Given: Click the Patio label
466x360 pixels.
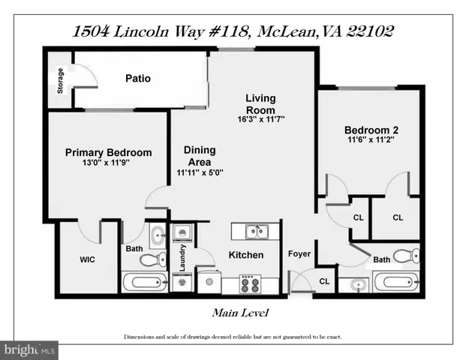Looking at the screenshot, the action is click(x=138, y=79).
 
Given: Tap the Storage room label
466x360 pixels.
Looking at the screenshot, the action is click(x=60, y=81).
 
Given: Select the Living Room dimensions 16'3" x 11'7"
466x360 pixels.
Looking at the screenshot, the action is click(x=261, y=119).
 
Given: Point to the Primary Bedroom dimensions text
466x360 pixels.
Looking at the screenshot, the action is click(x=106, y=163).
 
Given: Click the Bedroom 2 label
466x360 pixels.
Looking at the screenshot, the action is click(x=371, y=130).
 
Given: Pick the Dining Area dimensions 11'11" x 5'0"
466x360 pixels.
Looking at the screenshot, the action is click(x=200, y=172).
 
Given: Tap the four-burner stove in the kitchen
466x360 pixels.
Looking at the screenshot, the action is click(x=250, y=284).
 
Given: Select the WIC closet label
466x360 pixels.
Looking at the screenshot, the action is click(x=87, y=259).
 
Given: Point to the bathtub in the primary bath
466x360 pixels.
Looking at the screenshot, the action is click(x=145, y=282).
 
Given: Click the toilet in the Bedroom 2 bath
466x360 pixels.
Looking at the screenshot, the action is click(x=406, y=256).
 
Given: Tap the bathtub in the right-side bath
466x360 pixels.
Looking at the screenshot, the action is click(x=397, y=281).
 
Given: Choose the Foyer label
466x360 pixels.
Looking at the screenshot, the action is click(x=299, y=254).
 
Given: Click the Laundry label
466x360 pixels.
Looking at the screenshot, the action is click(x=182, y=258).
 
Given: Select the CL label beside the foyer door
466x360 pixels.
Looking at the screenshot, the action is click(x=324, y=281).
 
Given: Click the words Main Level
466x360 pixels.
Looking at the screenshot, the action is click(x=240, y=313).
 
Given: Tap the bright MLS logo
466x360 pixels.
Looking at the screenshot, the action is click(x=29, y=350).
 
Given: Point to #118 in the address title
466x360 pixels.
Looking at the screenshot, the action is click(x=228, y=31).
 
